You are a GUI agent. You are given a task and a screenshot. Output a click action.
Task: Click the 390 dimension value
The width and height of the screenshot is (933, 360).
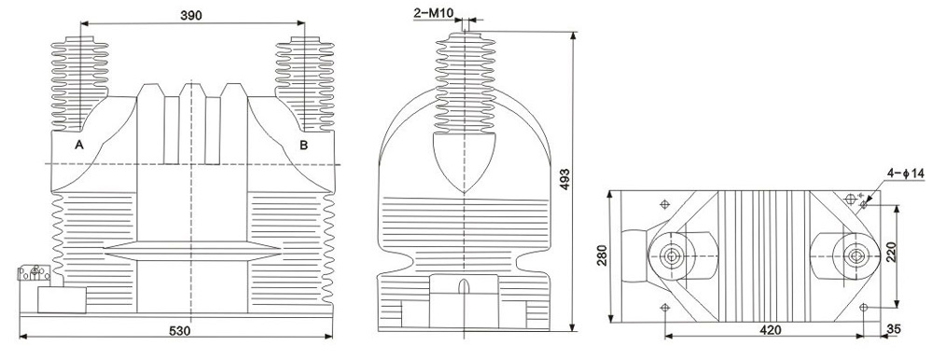click(191, 16)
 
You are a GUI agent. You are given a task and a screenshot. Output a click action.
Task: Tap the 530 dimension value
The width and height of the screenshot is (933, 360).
click(179, 331)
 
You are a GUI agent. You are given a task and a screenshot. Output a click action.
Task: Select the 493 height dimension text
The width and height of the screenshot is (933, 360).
click(564, 180)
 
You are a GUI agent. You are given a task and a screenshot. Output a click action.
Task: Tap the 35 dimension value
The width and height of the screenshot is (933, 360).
click(894, 329)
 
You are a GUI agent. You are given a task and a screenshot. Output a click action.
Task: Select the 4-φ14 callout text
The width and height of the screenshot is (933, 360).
click(906, 173)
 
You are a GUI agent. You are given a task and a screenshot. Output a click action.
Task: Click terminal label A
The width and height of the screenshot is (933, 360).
click(78, 145)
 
